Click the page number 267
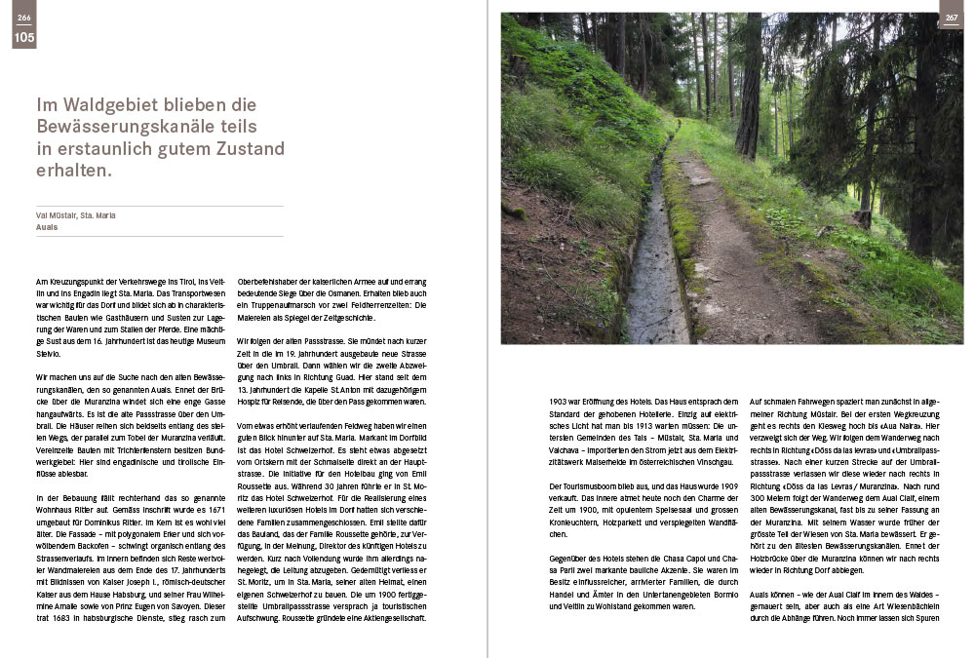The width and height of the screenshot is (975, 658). click(x=951, y=18)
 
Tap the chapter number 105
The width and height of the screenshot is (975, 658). click(x=23, y=38)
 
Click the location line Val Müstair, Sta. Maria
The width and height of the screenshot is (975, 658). click(x=75, y=214)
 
